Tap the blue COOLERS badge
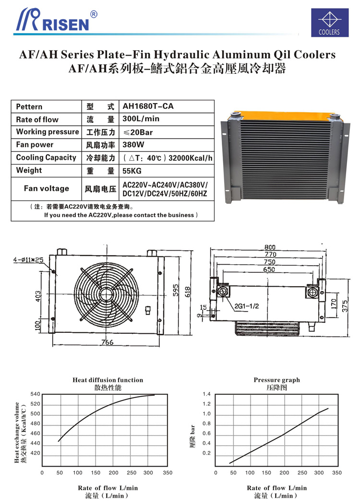[x=328, y=23]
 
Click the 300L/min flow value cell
[x=141, y=119]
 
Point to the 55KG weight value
[x=133, y=170]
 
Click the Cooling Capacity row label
[x=46, y=157]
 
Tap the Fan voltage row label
[x=46, y=188]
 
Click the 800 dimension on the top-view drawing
[x=271, y=247]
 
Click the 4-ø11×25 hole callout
[x=28, y=260]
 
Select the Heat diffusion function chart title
[x=108, y=380]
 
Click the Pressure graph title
[x=276, y=380]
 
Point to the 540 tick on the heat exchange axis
[x=36, y=394]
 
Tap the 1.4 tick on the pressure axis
[x=206, y=394]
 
